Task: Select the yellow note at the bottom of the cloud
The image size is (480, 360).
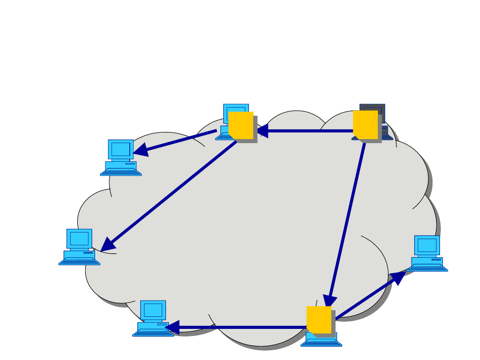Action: click(319, 320)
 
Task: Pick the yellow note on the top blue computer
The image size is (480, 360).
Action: click(240, 125)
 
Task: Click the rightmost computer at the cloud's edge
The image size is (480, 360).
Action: click(427, 253)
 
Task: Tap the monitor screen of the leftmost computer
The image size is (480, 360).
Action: click(79, 239)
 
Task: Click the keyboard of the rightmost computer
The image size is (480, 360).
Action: click(427, 268)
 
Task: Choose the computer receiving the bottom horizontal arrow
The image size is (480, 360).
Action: click(153, 318)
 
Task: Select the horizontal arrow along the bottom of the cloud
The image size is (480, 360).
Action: click(240, 328)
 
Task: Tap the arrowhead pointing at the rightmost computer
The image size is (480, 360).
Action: click(398, 278)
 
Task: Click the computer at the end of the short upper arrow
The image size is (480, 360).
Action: click(120, 158)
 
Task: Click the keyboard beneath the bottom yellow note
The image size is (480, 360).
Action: click(321, 342)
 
